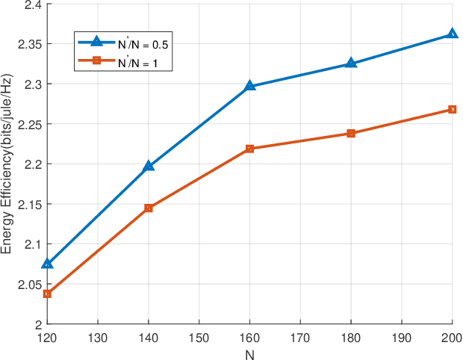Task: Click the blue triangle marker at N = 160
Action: [x=250, y=86]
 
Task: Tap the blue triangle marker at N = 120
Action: [x=48, y=263]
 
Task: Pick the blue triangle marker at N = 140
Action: [x=149, y=166]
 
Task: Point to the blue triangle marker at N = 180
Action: [x=351, y=63]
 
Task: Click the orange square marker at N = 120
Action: [x=48, y=294]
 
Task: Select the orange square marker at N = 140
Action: [x=149, y=208]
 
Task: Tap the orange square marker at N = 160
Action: [x=250, y=149]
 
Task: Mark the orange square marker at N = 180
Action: [x=351, y=134]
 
